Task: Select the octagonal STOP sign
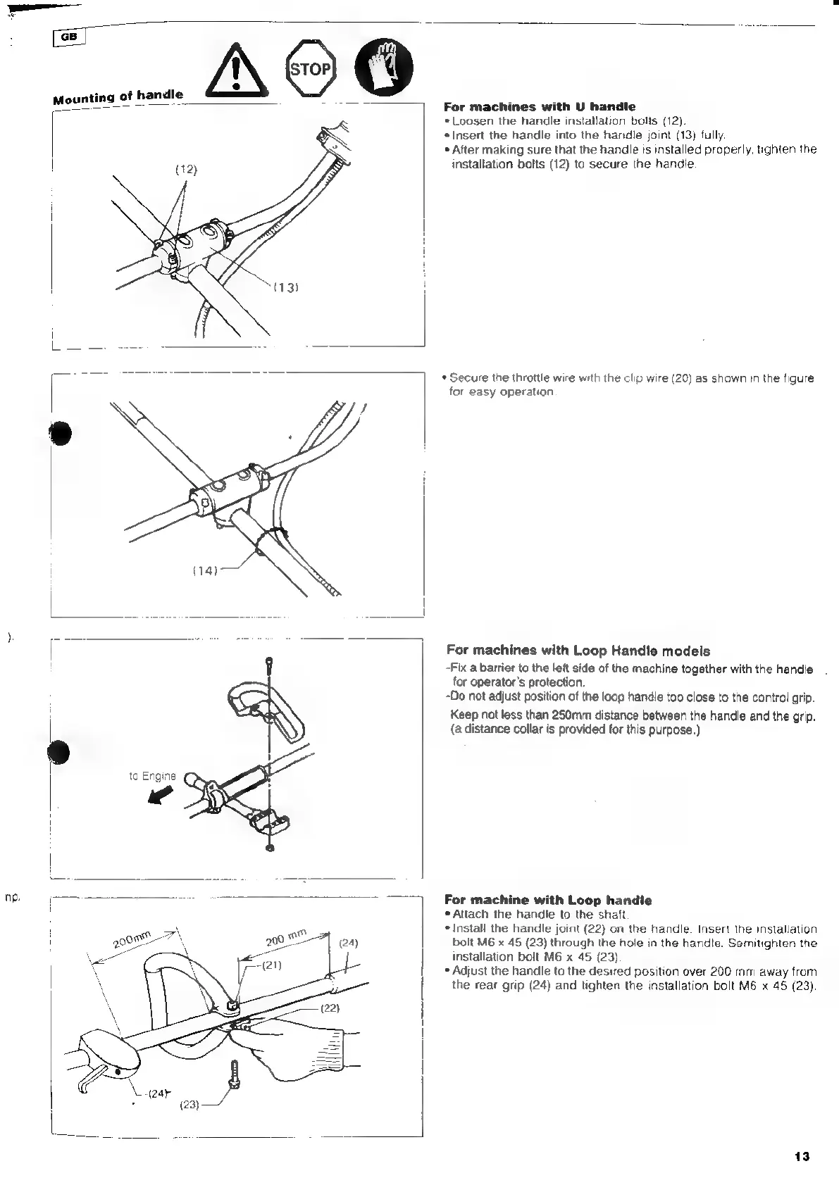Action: (311, 69)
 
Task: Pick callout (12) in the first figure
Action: (186, 169)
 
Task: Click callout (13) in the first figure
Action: (287, 287)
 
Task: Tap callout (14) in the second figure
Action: (205, 570)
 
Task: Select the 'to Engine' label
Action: (152, 776)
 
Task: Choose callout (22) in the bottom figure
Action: (329, 1008)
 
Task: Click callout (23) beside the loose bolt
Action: (189, 1104)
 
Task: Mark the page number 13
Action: (802, 1156)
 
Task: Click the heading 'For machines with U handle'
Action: (539, 107)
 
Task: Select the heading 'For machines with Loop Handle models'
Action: (578, 651)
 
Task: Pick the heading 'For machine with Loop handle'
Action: (548, 900)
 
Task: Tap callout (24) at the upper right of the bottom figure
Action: (349, 943)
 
